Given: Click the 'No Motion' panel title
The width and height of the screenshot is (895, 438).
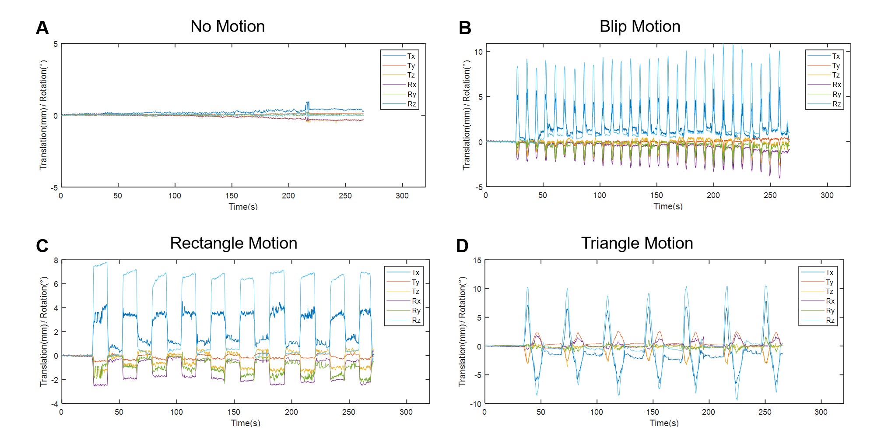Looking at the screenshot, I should (x=228, y=27).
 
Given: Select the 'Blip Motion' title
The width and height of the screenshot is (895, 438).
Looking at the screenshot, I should (x=639, y=27).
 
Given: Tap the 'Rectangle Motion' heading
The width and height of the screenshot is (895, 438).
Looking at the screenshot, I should (x=233, y=244).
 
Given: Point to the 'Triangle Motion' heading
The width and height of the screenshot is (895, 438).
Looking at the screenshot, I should (x=637, y=244).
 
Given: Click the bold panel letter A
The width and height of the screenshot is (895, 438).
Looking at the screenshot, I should (x=42, y=28).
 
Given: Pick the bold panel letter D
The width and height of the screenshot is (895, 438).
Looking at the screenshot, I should (x=462, y=246).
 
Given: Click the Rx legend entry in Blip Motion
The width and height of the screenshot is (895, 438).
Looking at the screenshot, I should (x=836, y=85).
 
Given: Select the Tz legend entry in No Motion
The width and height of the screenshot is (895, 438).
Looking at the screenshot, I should (x=411, y=75).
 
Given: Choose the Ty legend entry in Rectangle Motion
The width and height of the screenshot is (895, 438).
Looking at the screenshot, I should (x=415, y=282).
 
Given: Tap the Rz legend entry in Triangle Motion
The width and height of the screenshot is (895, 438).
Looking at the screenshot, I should (x=830, y=321).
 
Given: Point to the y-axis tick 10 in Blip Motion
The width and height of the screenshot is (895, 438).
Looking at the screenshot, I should (x=478, y=52).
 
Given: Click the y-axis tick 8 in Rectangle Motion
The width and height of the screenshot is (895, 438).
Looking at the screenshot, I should (x=56, y=261).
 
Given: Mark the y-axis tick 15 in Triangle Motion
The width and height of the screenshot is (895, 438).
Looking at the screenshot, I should (x=477, y=261).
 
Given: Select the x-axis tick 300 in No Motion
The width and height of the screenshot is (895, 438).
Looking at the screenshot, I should (x=402, y=196).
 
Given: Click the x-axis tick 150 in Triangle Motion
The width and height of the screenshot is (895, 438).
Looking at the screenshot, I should (x=652, y=412).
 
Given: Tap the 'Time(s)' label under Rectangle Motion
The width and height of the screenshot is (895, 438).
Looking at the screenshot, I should (x=245, y=423).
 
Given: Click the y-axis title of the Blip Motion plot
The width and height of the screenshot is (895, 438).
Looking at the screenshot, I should (x=467, y=115).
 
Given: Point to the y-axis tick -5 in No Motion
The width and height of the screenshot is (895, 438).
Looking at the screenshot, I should (x=54, y=188).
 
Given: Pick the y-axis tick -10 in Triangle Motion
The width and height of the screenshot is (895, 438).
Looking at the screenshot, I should (x=476, y=404).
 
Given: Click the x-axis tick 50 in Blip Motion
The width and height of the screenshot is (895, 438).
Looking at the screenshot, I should (x=542, y=195).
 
